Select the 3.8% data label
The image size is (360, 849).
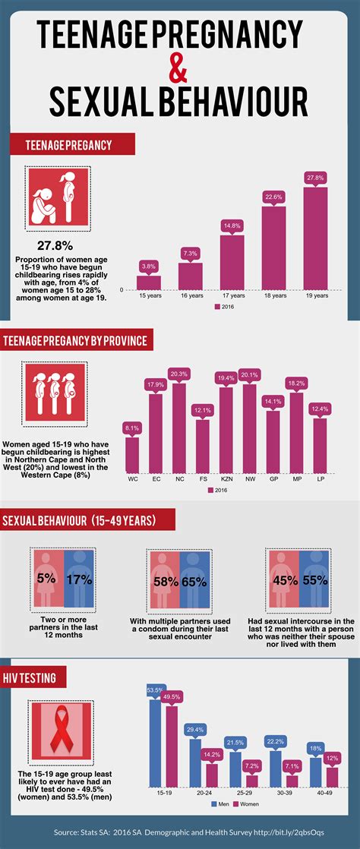(149, 266)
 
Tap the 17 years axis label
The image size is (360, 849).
(232, 295)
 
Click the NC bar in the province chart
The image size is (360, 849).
(179, 433)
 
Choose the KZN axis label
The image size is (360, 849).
(226, 480)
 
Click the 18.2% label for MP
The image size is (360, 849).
(296, 383)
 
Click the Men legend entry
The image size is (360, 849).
(223, 803)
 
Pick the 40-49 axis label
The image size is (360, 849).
(324, 792)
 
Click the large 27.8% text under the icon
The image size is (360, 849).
(55, 245)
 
